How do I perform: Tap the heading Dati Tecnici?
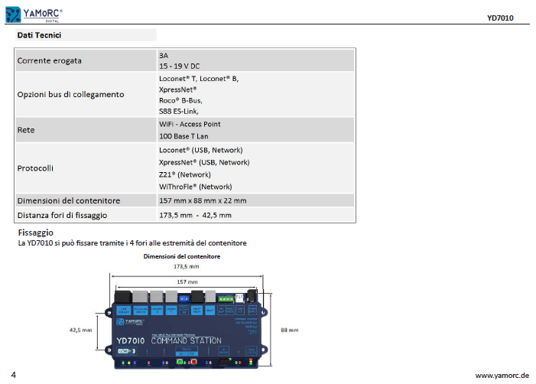pos(39,35)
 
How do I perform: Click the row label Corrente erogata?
pos(50,60)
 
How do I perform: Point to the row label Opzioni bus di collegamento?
pos(70,94)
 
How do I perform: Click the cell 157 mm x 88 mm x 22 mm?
pos(203,200)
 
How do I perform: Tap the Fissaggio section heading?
pos(35,232)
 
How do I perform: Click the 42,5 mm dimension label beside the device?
pos(80,330)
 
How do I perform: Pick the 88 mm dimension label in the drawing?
pos(289,330)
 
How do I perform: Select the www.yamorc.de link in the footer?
pos(502,376)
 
